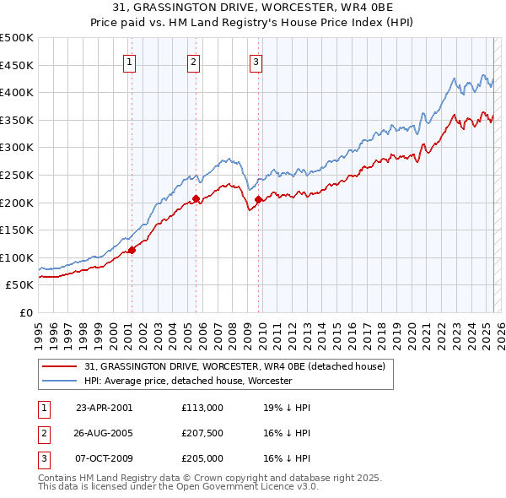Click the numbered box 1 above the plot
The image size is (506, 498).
131,61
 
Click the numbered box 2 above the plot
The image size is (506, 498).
193,61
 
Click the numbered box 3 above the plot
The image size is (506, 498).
256,61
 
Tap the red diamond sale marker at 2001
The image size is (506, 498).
132,250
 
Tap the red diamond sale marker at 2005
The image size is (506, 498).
196,198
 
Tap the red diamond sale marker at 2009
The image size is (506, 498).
258,199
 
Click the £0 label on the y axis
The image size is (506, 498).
25,312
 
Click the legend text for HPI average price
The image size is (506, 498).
188,382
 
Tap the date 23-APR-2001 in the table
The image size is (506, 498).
105,408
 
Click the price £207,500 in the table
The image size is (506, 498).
202,433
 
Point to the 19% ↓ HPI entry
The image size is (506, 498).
287,408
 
